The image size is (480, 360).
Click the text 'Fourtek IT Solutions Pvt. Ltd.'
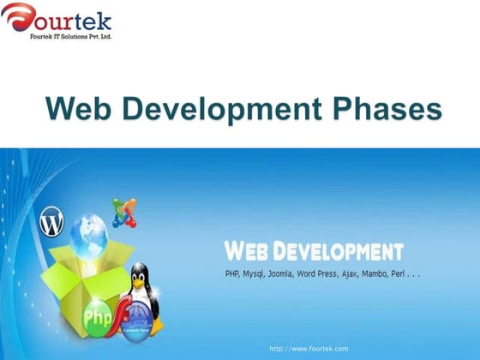click(71, 37)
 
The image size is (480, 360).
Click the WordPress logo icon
click(52, 223)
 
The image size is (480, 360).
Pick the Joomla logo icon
click(124, 210)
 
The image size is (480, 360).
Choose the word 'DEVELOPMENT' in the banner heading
click(343, 251)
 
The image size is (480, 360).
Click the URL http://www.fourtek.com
click(309, 349)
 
